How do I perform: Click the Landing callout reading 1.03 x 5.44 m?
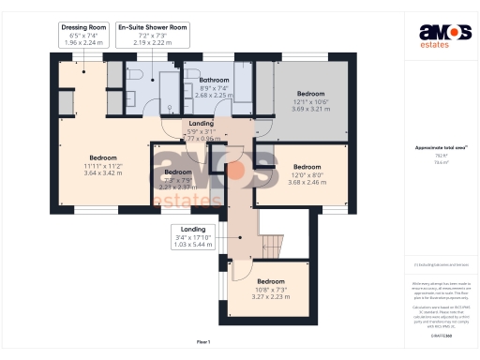pyautogui.click(x=193, y=238)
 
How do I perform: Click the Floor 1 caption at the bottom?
pyautogui.click(x=203, y=342)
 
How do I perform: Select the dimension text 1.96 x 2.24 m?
pyautogui.click(x=84, y=42)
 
